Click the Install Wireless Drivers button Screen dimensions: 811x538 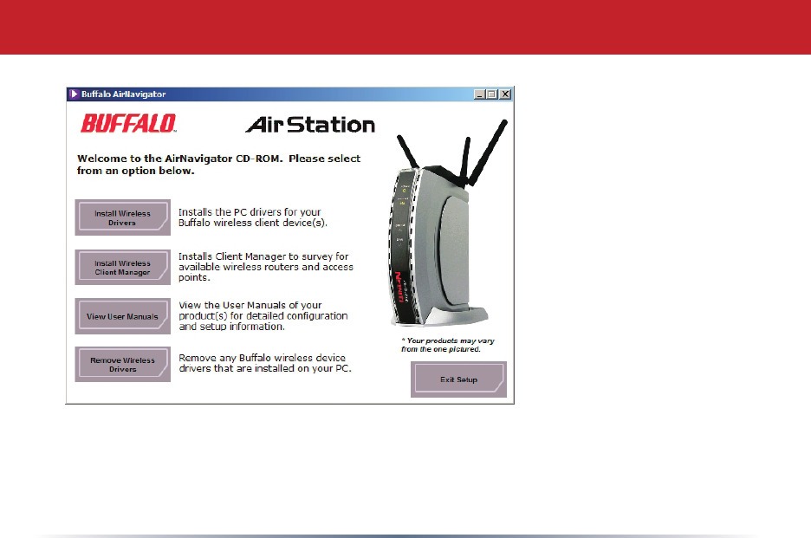tap(122, 217)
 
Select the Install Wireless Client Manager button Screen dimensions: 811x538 tap(122, 268)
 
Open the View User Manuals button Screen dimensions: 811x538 tap(122, 316)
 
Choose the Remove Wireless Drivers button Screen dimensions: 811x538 tap(122, 364)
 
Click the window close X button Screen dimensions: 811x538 tap(505, 94)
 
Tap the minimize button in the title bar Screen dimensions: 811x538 tap(480, 94)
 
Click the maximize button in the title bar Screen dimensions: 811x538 tap(492, 94)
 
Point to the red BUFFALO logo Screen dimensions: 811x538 tap(128, 124)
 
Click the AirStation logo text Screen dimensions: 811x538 tap(310, 125)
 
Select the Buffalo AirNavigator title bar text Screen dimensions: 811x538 tap(123, 94)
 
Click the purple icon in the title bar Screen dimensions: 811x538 tap(74, 94)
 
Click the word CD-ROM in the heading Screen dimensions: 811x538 tap(259, 159)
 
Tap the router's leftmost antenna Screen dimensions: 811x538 tap(408, 152)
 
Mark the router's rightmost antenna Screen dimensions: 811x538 tap(489, 151)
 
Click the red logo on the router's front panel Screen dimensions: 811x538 tap(399, 287)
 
